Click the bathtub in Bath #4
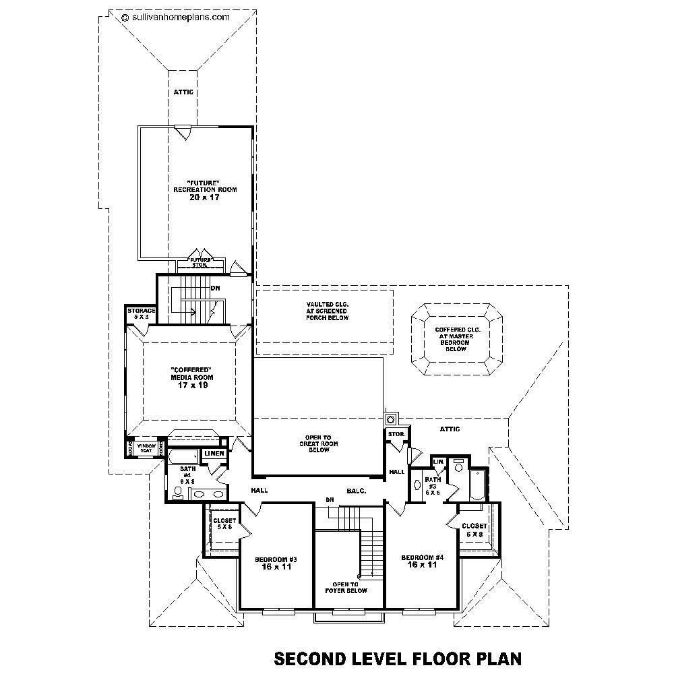[x=184, y=456]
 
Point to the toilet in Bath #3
[x=458, y=466]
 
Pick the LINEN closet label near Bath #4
[x=214, y=454]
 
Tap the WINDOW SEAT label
[x=146, y=448]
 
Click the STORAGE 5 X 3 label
[x=142, y=313]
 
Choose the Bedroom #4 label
[x=423, y=561]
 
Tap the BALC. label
[x=357, y=491]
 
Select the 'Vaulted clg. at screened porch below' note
[x=326, y=311]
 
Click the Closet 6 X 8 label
[x=474, y=530]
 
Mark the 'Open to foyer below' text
[x=350, y=587]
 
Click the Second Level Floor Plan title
[x=397, y=657]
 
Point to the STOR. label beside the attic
[x=396, y=434]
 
